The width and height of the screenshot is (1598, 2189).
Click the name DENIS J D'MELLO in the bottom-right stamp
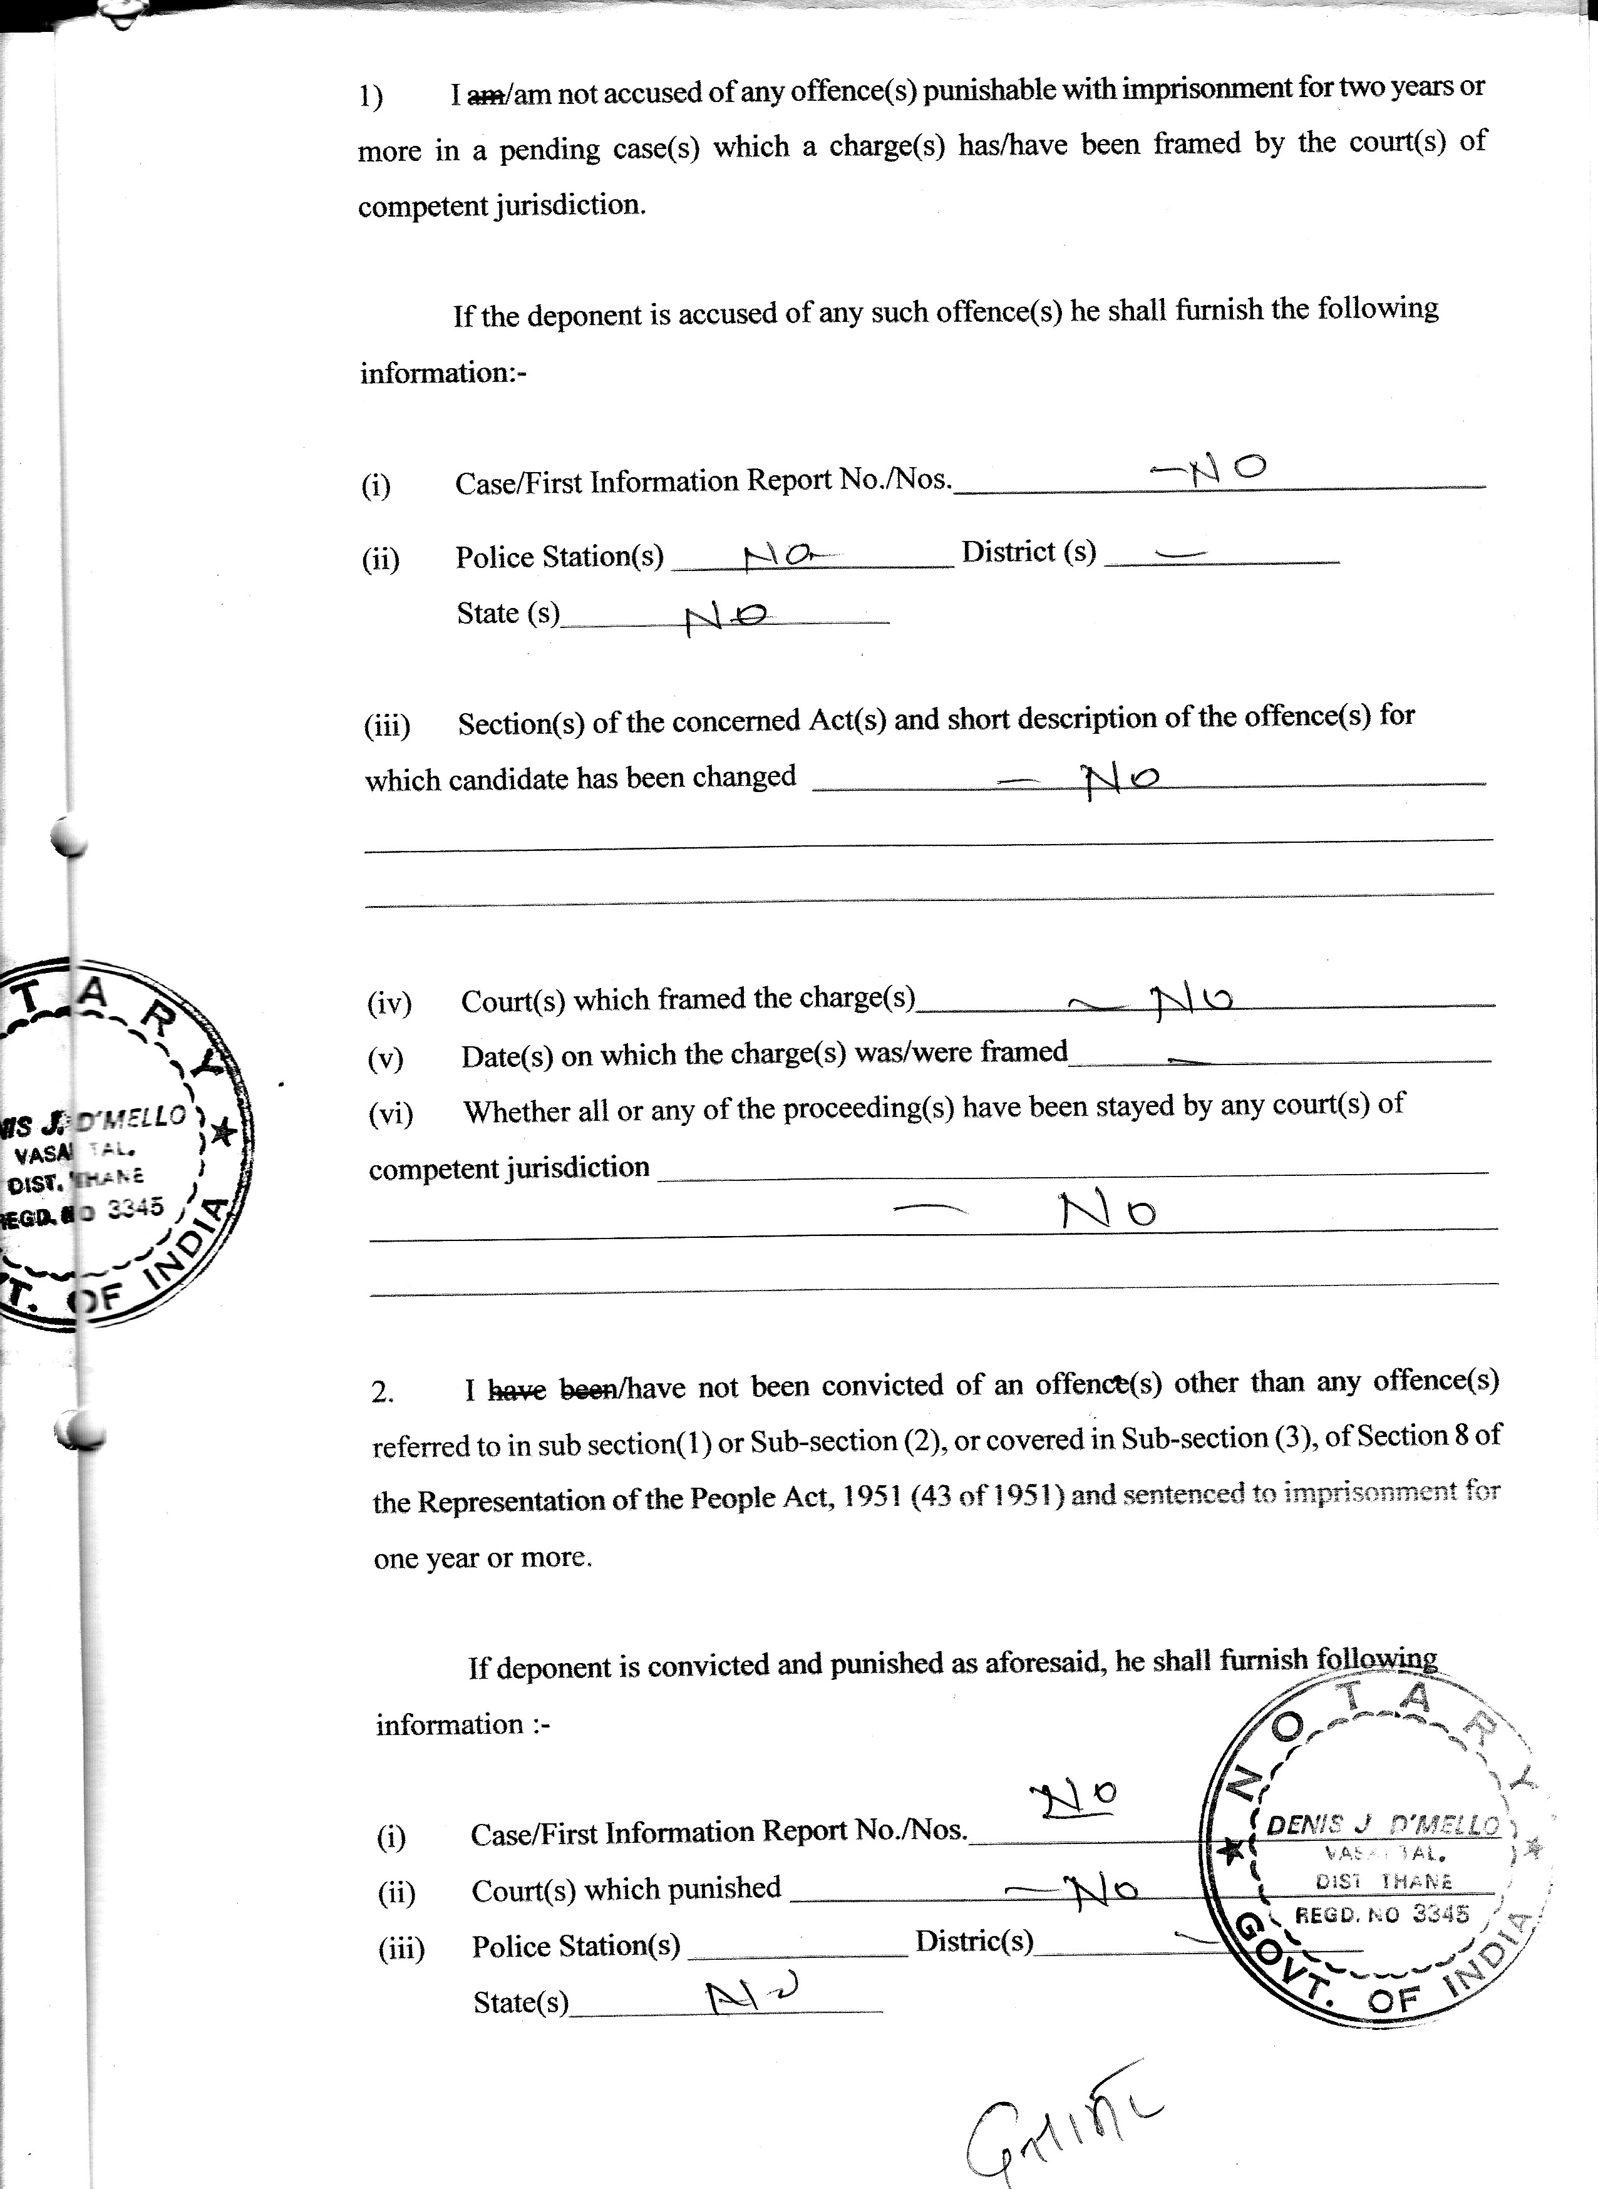click(x=1383, y=1825)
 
